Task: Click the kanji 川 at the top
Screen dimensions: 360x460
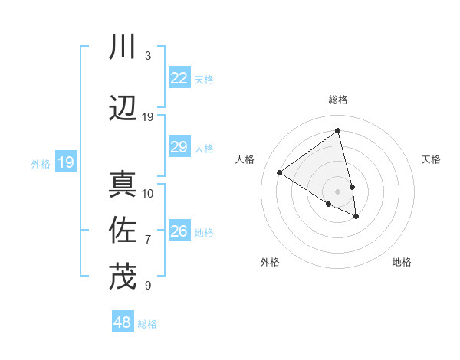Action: click(123, 47)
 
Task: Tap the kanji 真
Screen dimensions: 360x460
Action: click(123, 185)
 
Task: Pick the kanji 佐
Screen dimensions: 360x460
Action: click(123, 230)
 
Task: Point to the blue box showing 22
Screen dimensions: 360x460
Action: click(179, 78)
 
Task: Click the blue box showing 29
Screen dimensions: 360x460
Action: click(179, 147)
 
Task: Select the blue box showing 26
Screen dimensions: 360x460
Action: click(179, 231)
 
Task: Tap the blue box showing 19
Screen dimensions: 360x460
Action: click(65, 162)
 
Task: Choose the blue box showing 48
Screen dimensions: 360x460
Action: click(123, 322)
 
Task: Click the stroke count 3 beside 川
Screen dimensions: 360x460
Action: click(147, 56)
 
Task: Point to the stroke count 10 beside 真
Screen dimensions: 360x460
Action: click(148, 193)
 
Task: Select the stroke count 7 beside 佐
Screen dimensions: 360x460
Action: click(147, 239)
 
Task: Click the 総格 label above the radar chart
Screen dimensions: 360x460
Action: click(338, 100)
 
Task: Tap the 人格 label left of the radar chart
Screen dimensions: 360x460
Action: click(245, 159)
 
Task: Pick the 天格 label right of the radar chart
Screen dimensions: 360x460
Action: click(431, 159)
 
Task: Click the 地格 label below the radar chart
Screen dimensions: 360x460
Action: click(402, 262)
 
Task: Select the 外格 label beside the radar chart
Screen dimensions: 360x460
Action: click(270, 262)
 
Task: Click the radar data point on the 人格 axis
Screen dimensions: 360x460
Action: click(280, 172)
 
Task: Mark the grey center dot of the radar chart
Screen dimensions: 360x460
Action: click(338, 191)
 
